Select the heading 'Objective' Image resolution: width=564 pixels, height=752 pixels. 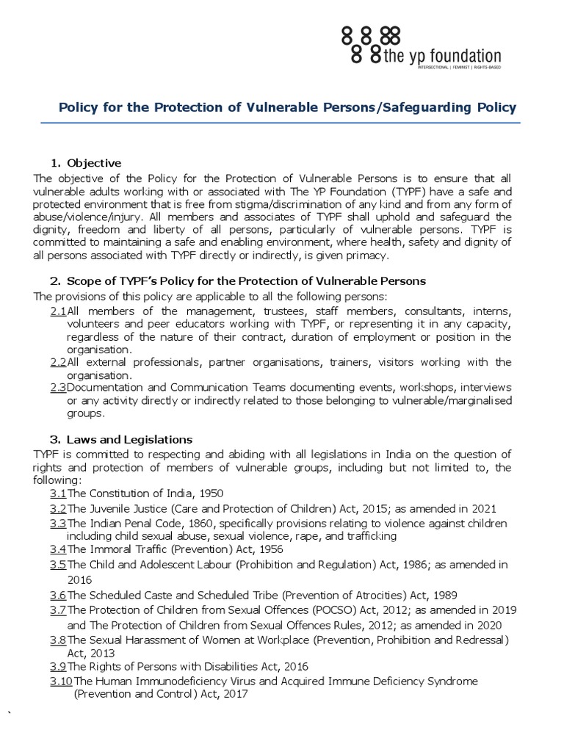click(x=94, y=162)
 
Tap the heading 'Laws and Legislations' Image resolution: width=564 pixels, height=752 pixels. click(x=129, y=439)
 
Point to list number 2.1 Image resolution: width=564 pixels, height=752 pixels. click(x=58, y=311)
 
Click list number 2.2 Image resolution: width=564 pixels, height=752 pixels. click(x=58, y=361)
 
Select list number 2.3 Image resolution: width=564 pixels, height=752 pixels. click(x=58, y=387)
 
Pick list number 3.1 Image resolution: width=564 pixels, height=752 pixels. click(x=58, y=493)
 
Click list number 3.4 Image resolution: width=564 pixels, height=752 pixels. click(x=58, y=549)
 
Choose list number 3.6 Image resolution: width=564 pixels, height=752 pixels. click(x=58, y=595)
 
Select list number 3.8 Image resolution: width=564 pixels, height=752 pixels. click(x=58, y=640)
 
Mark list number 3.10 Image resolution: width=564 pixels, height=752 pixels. click(x=61, y=681)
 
